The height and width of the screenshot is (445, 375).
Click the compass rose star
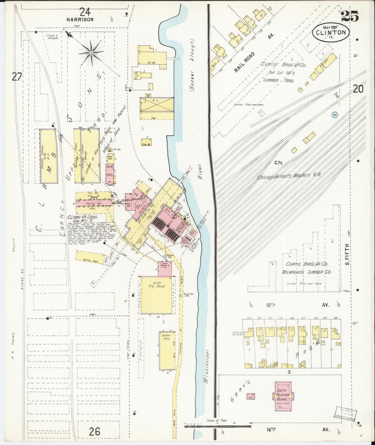pos(91,53)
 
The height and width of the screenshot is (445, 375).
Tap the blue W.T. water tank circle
pos(335,114)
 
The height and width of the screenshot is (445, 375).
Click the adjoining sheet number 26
pos(95,432)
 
